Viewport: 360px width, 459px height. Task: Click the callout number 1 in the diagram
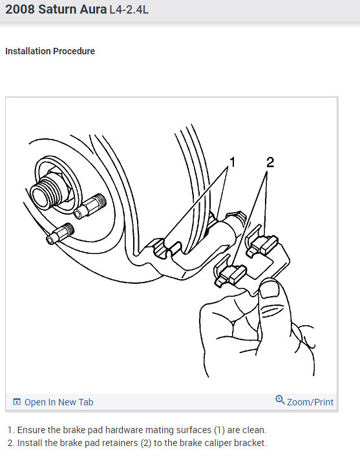coord(232,162)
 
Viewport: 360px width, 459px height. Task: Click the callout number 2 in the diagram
coord(270,162)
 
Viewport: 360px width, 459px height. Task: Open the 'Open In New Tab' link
coord(59,402)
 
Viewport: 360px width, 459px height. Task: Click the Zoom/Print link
coord(310,402)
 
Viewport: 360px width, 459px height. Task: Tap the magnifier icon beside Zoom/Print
coord(280,401)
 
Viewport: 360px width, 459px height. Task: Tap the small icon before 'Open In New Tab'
coord(17,402)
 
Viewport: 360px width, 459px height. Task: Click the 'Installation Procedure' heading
coord(50,51)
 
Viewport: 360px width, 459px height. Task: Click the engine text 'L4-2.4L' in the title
coord(129,12)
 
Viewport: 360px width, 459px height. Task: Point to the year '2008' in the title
coord(21,12)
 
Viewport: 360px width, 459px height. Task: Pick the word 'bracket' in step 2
coord(248,443)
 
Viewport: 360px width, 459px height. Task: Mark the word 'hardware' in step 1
coord(110,429)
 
